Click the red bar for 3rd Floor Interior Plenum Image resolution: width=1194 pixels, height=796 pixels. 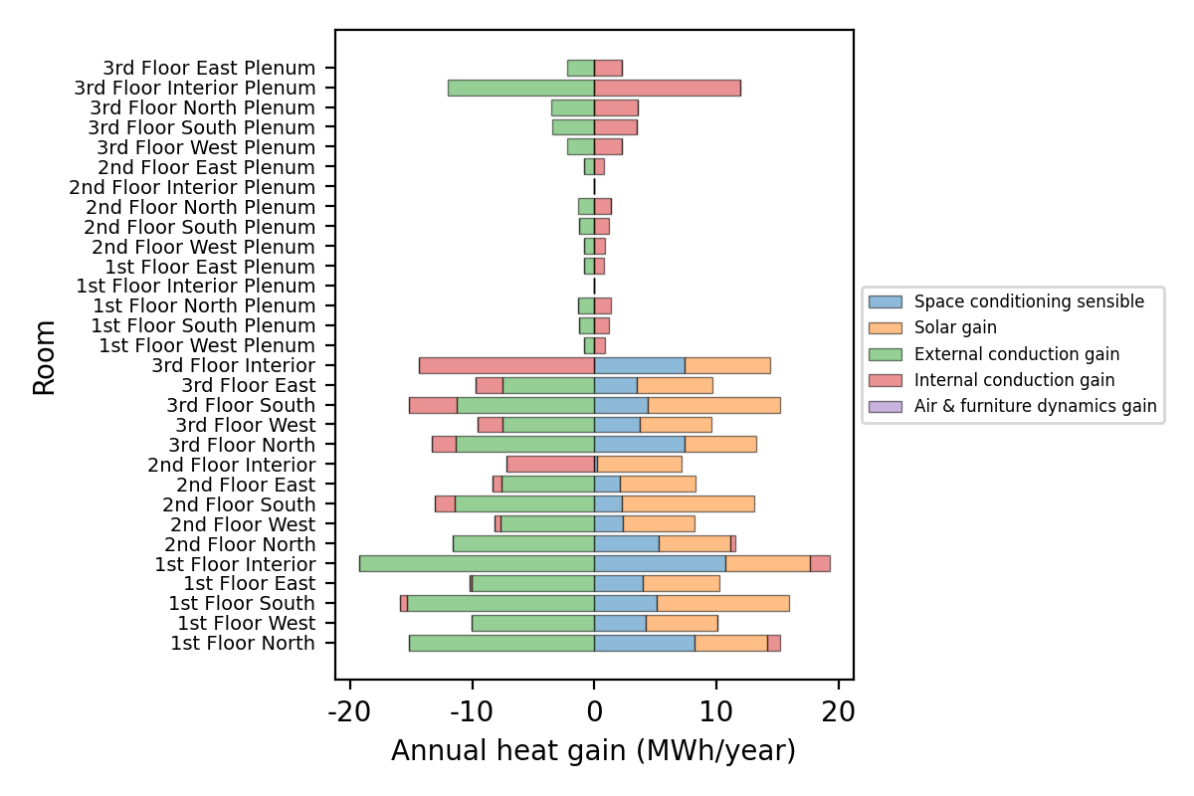tap(667, 88)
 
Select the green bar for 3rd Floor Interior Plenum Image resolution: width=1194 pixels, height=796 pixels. tap(520, 88)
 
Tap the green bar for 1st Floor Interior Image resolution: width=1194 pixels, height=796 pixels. tap(477, 563)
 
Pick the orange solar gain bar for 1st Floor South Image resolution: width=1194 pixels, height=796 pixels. tap(722, 603)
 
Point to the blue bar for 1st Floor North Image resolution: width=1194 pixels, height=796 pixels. tap(644, 643)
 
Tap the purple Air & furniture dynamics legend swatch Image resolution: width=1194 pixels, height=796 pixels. tap(885, 406)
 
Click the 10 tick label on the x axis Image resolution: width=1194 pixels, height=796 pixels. tap(716, 713)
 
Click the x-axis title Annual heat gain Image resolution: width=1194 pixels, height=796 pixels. tap(593, 751)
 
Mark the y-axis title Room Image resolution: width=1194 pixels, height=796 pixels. tap(45, 356)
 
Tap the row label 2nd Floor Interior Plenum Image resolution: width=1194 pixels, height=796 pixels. tap(192, 187)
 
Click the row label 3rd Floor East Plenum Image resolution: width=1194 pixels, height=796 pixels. tap(209, 68)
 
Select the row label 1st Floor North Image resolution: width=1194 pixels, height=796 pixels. tap(243, 643)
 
